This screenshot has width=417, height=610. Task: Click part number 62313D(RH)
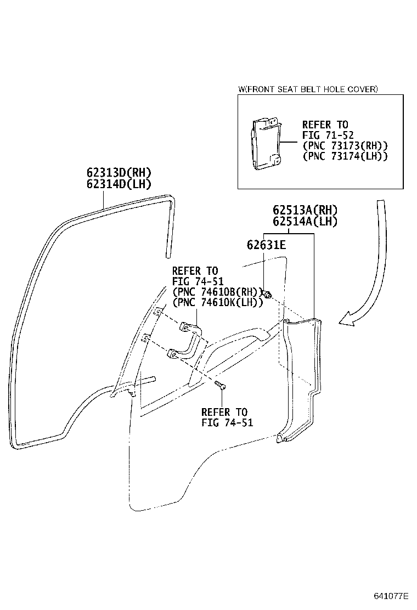(x=119, y=172)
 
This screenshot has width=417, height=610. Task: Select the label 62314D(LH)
(x=119, y=184)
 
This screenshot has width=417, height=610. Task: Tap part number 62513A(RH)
(x=305, y=210)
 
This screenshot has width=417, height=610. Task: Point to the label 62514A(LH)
(x=305, y=222)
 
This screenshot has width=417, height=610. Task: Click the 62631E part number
(x=266, y=245)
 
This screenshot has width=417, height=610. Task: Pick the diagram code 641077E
(x=391, y=596)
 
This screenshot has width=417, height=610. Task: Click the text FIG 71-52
(x=328, y=135)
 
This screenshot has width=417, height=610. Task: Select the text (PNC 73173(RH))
(x=345, y=146)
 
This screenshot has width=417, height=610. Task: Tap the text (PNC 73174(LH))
(x=345, y=156)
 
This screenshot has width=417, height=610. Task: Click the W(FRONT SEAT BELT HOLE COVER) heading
(x=308, y=89)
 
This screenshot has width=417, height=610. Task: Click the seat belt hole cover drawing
(x=264, y=143)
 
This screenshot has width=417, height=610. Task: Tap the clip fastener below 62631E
(x=267, y=293)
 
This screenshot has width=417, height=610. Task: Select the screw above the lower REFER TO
(x=221, y=385)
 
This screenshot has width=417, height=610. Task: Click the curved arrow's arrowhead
(x=347, y=318)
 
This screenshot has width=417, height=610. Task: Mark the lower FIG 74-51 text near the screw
(x=227, y=422)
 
